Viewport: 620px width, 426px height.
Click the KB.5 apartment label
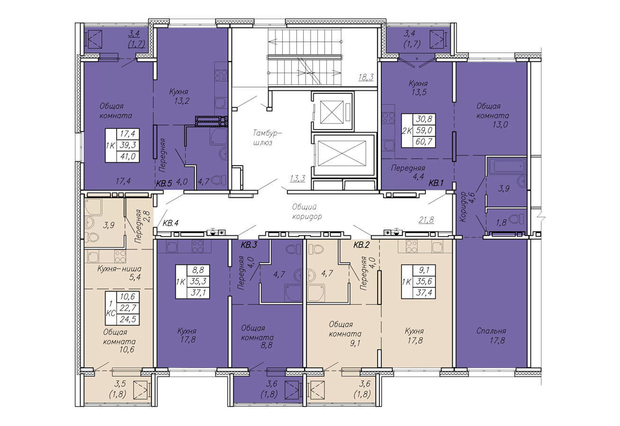164,183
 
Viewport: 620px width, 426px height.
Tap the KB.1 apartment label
436,183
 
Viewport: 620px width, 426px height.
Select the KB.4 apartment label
170,223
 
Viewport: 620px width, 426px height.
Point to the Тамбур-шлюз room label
268,138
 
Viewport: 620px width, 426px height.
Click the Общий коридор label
307,212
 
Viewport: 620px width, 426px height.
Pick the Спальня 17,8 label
492,336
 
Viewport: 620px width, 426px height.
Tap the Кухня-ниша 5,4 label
119,273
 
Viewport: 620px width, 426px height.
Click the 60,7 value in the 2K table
424,142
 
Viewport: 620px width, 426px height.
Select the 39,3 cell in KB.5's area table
127,145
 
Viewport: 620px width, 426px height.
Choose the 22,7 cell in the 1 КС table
127,308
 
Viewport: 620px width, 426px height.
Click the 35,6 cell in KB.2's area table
424,281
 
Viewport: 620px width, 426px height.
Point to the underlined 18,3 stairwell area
366,77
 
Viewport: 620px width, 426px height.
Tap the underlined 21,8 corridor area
426,220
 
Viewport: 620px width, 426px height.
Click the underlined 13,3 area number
297,178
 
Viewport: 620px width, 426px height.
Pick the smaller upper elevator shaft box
332,111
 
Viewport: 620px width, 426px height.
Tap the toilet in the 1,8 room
516,219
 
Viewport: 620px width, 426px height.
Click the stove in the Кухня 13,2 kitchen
221,75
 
